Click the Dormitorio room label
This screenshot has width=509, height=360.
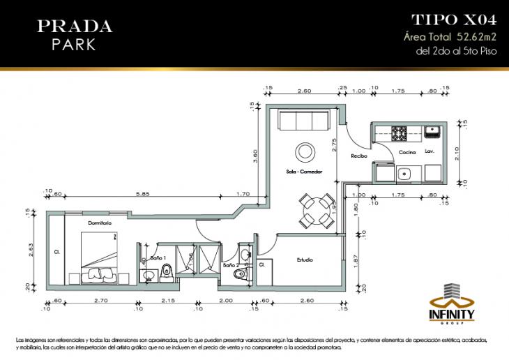(x=100, y=223)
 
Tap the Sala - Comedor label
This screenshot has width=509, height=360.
(x=304, y=171)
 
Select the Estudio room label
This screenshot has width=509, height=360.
(x=305, y=260)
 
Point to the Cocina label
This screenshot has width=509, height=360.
(x=407, y=151)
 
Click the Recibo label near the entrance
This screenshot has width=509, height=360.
(x=359, y=156)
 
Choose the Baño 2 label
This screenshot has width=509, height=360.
(x=231, y=265)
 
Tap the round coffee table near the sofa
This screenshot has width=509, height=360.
(x=305, y=151)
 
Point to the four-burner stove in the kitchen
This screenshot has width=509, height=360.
(x=400, y=131)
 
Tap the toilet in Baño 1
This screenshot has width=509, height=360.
(x=166, y=272)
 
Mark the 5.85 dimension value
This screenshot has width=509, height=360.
(x=144, y=194)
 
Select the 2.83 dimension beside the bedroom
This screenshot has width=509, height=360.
(x=32, y=250)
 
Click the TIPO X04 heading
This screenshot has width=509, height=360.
(x=454, y=20)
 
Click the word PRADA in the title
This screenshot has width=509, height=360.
(x=74, y=27)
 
